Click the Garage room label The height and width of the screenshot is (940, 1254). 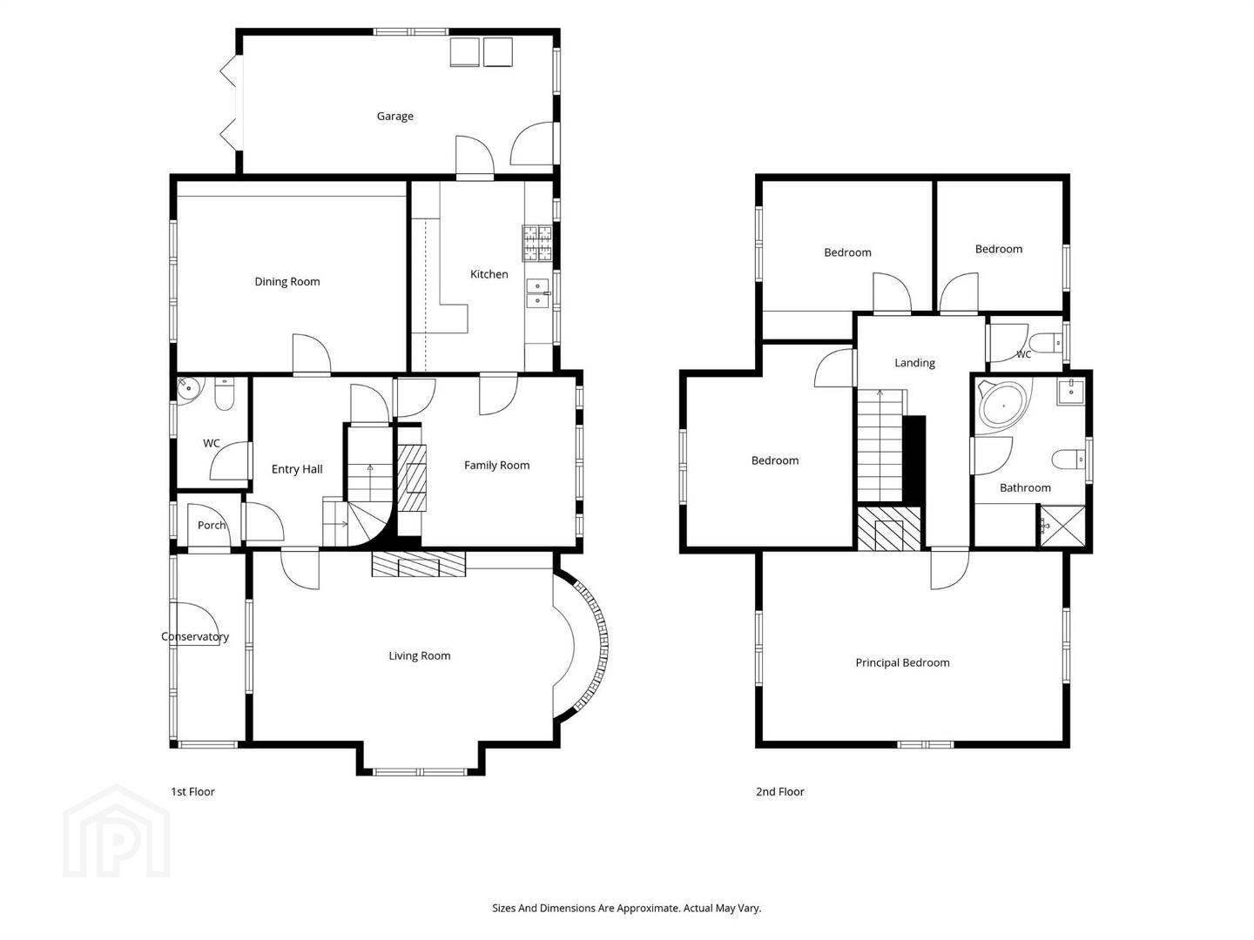coord(394,117)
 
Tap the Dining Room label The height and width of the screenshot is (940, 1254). coord(287,282)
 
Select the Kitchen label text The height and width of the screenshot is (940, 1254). coord(489,274)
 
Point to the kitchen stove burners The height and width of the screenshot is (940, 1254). coord(537,243)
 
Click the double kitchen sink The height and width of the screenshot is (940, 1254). coord(537,292)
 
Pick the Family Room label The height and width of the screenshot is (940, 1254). coord(496,466)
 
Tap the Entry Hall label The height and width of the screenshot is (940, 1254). coord(297,470)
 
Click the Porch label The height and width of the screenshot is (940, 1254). coord(212,526)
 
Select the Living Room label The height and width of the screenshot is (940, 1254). coord(420,656)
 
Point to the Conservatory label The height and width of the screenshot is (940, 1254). coord(195,637)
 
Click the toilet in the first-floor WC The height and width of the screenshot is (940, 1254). coord(225,393)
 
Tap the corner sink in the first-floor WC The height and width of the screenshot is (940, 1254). coord(187,388)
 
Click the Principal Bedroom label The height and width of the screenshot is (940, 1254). coord(903,663)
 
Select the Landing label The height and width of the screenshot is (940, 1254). coord(914,363)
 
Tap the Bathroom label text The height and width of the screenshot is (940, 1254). coord(1025,488)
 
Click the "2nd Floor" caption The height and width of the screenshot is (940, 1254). coord(779,792)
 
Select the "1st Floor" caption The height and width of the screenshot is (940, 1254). coord(192,792)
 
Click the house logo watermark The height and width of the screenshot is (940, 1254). coord(117,831)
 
